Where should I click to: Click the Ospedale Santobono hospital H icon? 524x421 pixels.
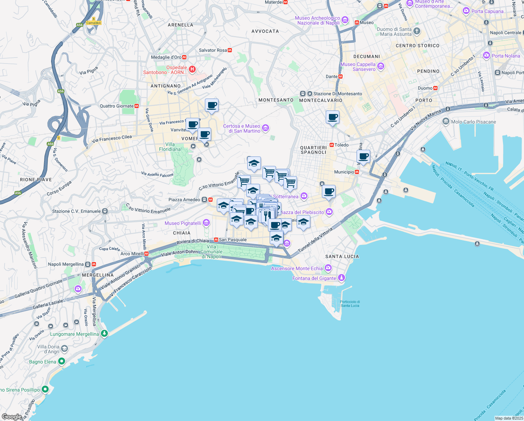192,69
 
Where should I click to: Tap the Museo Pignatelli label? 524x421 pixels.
183,223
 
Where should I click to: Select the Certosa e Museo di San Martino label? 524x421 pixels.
242,128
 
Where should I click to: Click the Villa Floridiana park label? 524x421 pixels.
170,147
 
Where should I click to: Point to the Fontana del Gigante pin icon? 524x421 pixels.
342,278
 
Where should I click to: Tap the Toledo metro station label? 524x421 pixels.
342,145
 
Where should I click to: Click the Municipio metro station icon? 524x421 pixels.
357,172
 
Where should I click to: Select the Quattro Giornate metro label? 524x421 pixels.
117,106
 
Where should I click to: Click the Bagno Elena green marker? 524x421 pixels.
62,361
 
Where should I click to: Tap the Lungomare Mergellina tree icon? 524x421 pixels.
104,333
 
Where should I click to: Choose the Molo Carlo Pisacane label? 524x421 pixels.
474,122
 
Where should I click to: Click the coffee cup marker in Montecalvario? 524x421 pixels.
332,117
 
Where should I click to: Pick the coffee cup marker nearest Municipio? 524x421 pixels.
363,156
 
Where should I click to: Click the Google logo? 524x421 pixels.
12,417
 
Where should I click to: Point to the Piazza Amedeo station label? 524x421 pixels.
184,200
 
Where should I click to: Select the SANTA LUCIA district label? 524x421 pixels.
342,256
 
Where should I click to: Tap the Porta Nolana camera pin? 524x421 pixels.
486,55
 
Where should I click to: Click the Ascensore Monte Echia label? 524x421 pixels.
297,268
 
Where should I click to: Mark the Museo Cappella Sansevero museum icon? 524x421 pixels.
381,66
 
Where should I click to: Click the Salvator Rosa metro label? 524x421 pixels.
213,50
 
